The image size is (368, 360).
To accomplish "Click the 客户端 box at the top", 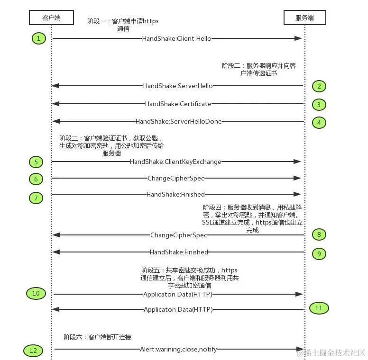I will coord(51,18).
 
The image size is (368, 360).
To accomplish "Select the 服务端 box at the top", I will coord(304,18).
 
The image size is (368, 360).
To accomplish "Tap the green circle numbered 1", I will coord(39,38).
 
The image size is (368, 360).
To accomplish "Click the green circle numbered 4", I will coord(319,122).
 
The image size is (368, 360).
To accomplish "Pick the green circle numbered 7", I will coord(36,198).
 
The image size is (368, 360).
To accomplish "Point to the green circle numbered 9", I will coord(319,253).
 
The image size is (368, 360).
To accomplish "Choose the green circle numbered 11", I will coord(319,308).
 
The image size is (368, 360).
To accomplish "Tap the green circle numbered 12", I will coord(33,351).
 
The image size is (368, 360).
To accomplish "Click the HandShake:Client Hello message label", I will coord(177,38).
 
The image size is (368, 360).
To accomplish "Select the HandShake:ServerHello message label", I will coord(178,86).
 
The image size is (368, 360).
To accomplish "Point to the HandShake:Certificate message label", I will coord(178,104).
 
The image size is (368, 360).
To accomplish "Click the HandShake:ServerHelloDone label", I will coord(178,121).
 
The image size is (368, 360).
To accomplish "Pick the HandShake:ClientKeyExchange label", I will coord(175,162).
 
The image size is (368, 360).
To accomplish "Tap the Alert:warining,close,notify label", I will coord(178,349).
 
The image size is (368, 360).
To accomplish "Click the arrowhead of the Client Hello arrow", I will coord(299,38).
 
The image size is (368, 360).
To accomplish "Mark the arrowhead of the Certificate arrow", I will coord(55,104).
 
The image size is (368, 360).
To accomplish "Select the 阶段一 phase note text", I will coord(123,25).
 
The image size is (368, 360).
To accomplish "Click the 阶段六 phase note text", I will coord(97,337).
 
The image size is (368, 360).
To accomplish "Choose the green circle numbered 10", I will coord(36,294).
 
